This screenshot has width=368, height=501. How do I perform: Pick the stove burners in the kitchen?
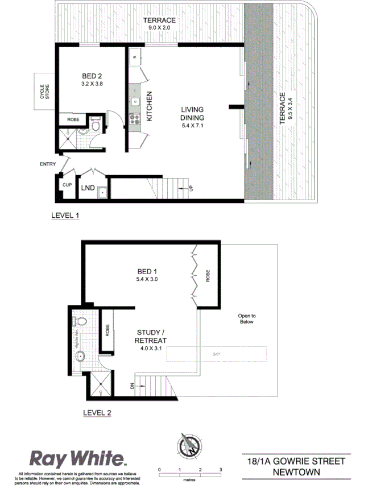coord(135,119)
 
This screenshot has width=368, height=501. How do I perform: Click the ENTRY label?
coord(48,164)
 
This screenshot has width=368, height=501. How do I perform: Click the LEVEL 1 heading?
coord(65,216)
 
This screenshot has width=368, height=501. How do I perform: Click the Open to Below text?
coord(247,318)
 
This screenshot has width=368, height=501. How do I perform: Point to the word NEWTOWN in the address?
coord(295,471)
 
